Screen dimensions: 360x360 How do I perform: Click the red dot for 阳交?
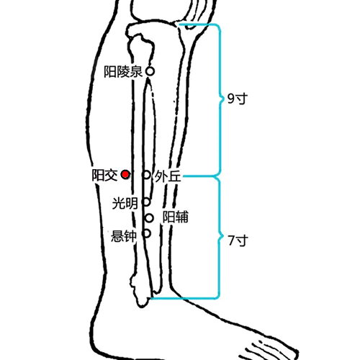(125, 175)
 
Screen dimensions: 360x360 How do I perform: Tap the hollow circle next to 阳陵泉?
(150, 71)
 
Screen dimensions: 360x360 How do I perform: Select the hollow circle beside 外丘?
(147, 175)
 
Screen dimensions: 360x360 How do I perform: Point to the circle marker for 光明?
(146, 202)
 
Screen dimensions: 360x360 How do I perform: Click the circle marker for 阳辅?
(149, 218)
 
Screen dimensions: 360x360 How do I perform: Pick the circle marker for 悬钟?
(146, 233)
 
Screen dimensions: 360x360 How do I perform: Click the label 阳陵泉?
(123, 72)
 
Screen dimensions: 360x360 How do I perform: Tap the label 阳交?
(105, 175)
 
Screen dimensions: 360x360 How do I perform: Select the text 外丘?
(168, 176)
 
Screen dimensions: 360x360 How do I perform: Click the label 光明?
(125, 203)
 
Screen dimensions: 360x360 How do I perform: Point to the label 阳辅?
(176, 217)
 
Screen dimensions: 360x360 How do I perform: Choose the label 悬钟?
(124, 236)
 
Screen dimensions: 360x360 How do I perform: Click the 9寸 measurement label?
(238, 99)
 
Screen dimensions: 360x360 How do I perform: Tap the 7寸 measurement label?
(238, 240)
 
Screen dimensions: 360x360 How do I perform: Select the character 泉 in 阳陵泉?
(137, 72)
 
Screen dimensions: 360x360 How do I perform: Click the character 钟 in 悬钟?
(130, 236)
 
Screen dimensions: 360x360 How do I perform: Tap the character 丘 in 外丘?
(174, 176)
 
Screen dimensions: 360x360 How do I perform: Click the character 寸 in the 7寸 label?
(242, 240)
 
